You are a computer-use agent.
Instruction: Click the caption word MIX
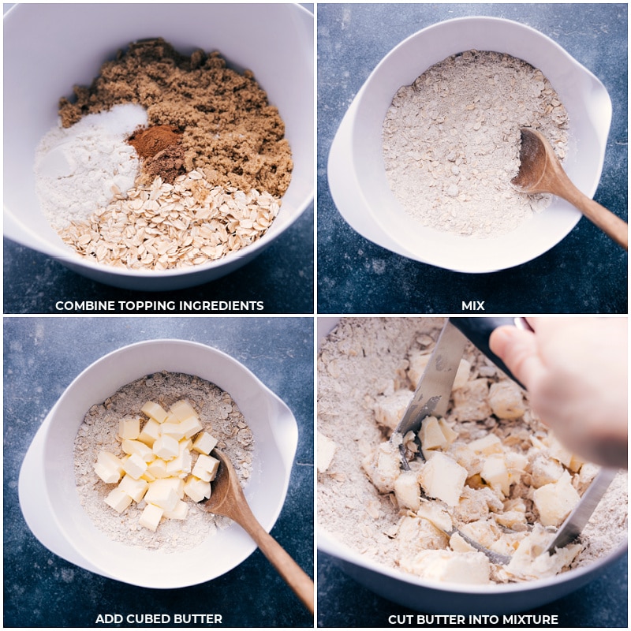(x=472, y=306)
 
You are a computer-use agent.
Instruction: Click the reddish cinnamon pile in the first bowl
(x=155, y=142)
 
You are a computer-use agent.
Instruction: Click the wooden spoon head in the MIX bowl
(x=536, y=161)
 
